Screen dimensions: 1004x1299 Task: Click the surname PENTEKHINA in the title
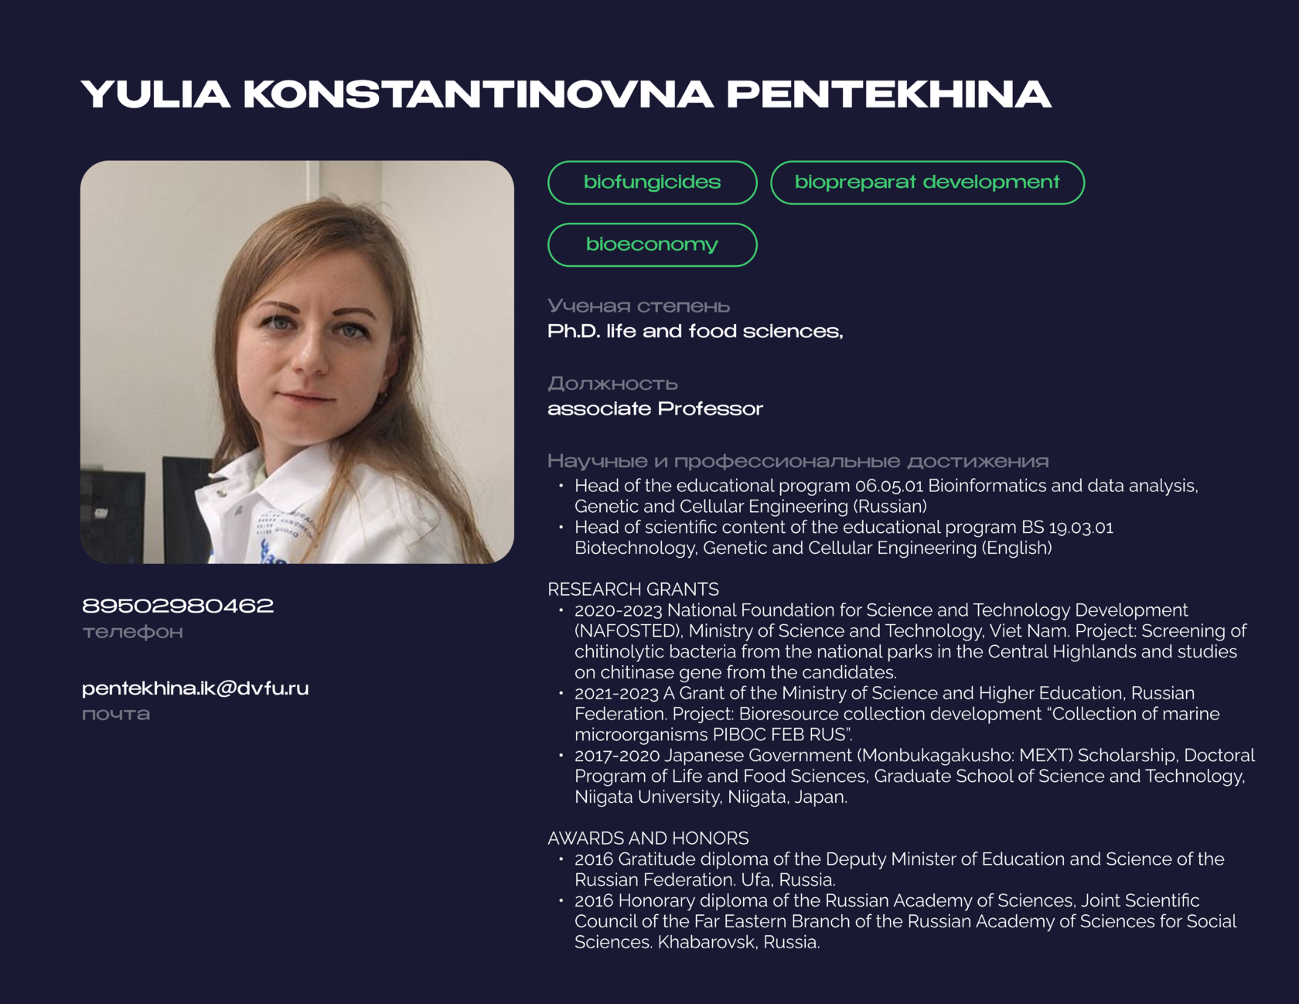[x=888, y=94]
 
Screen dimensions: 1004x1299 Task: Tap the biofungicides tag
[x=652, y=183]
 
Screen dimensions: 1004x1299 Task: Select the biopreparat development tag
[x=927, y=183]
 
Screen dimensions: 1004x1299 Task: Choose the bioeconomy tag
[x=652, y=244]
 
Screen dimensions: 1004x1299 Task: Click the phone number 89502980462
[x=178, y=606]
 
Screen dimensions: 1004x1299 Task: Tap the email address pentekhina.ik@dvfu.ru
[x=195, y=688]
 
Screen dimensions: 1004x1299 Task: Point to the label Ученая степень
[x=639, y=306]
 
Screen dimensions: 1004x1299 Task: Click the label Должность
[x=612, y=384]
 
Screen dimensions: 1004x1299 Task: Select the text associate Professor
[x=655, y=408]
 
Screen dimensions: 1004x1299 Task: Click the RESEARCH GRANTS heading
[x=632, y=589]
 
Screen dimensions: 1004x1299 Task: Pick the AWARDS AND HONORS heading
[x=648, y=838]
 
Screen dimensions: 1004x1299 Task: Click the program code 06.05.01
[x=888, y=486]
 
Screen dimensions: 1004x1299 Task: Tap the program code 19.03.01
[x=1081, y=528]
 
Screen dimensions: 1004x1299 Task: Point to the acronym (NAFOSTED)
[x=629, y=631]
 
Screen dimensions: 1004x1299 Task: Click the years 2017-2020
[x=616, y=756]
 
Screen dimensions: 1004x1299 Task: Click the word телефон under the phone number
[x=133, y=632]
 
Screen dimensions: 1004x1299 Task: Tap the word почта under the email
[x=116, y=714]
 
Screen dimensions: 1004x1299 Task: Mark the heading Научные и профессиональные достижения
[x=798, y=462]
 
